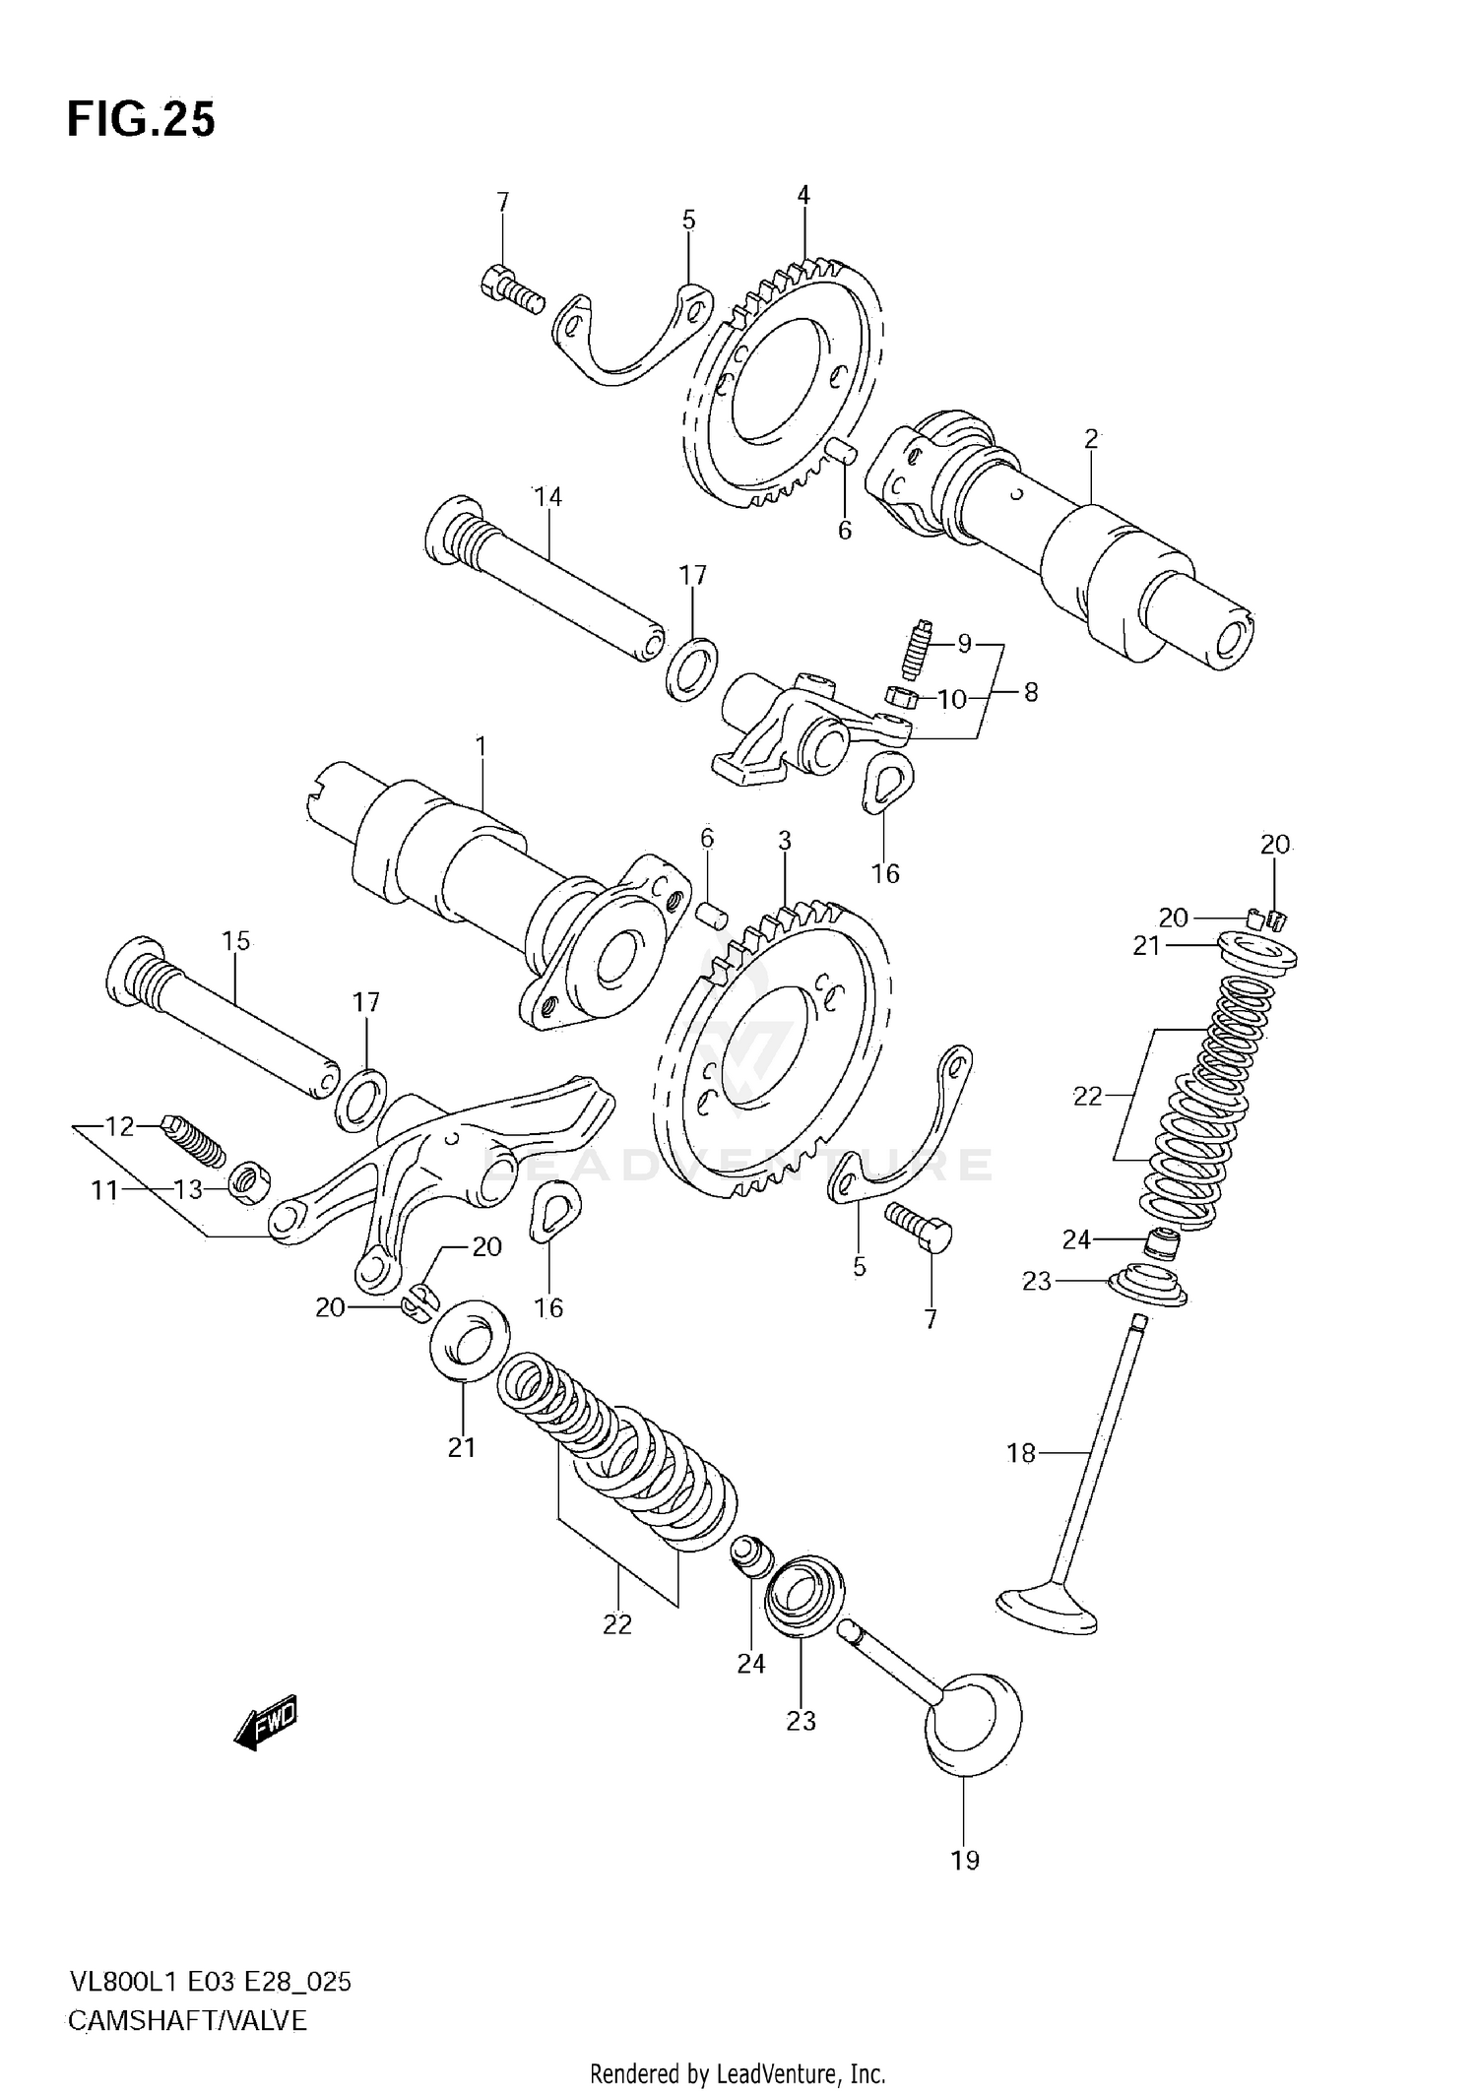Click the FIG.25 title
tap(141, 120)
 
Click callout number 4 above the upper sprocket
tap(803, 195)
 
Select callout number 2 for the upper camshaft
tap(1091, 439)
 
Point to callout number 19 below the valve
tap(965, 1860)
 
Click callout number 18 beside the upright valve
tap(1021, 1452)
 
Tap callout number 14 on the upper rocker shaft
tap(547, 497)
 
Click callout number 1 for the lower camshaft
tap(481, 747)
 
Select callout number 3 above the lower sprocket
tap(784, 841)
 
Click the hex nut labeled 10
tap(901, 699)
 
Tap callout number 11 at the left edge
tap(104, 1190)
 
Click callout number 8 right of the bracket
tap(1030, 692)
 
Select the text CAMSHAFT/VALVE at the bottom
tap(187, 2020)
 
